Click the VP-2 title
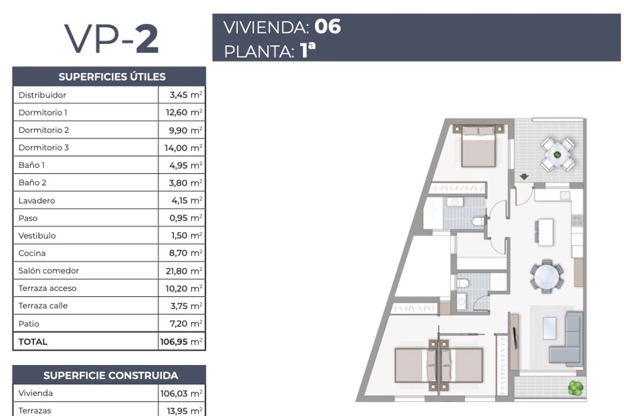pyautogui.click(x=111, y=38)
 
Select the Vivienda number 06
pyautogui.click(x=328, y=26)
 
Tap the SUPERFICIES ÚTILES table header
pyautogui.click(x=112, y=76)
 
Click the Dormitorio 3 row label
pyautogui.click(x=43, y=147)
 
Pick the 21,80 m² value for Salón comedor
pyautogui.click(x=184, y=271)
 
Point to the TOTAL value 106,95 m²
pyautogui.click(x=181, y=342)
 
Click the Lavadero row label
pyautogui.click(x=36, y=200)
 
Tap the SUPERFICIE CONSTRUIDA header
pyautogui.click(x=111, y=375)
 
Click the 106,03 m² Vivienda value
pyautogui.click(x=181, y=393)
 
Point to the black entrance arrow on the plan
pyautogui.click(x=524, y=176)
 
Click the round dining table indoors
pyautogui.click(x=547, y=276)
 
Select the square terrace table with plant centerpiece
pyautogui.click(x=557, y=154)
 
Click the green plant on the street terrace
pyautogui.click(x=575, y=388)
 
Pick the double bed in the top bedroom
pyautogui.click(x=479, y=146)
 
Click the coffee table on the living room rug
pyautogui.click(x=550, y=328)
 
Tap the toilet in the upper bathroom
pyautogui.click(x=477, y=221)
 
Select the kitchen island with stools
pyautogui.click(x=543, y=232)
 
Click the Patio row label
pyautogui.click(x=29, y=323)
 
